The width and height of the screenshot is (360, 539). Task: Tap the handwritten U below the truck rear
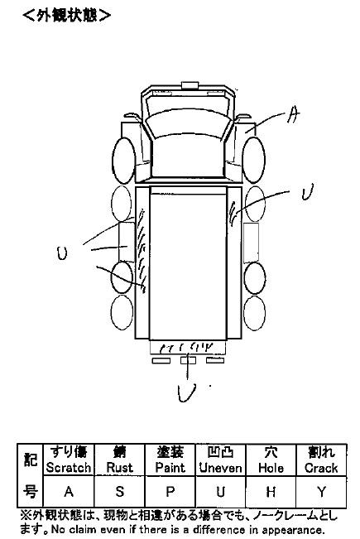pos(186,392)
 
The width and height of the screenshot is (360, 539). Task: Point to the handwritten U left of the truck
pos(62,253)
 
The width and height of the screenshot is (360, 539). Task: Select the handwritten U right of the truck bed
pos(307,192)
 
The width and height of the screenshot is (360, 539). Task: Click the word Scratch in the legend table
pos(69,468)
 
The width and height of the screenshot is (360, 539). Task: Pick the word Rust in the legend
pos(119,468)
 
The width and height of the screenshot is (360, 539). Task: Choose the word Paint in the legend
pos(170,468)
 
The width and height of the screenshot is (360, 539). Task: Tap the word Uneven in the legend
pos(220,468)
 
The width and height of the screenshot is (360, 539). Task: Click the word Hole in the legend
pos(271,468)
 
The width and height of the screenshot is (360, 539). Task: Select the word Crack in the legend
pos(321,468)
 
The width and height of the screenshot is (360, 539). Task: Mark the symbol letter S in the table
pos(119,492)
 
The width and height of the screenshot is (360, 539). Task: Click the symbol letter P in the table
pos(170,492)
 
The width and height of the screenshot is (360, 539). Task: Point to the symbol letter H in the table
pos(271,492)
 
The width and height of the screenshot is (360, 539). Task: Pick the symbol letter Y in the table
pos(321,492)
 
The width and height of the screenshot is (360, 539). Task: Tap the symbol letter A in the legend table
pos(69,492)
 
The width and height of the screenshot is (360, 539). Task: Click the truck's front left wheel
pos(123,161)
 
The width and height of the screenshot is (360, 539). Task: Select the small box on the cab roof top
pos(190,85)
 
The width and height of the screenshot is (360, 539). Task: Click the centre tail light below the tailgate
pos(188,360)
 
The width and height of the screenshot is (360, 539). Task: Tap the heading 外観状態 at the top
pos(67,16)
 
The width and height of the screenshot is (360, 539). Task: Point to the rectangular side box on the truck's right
pos(251,243)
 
